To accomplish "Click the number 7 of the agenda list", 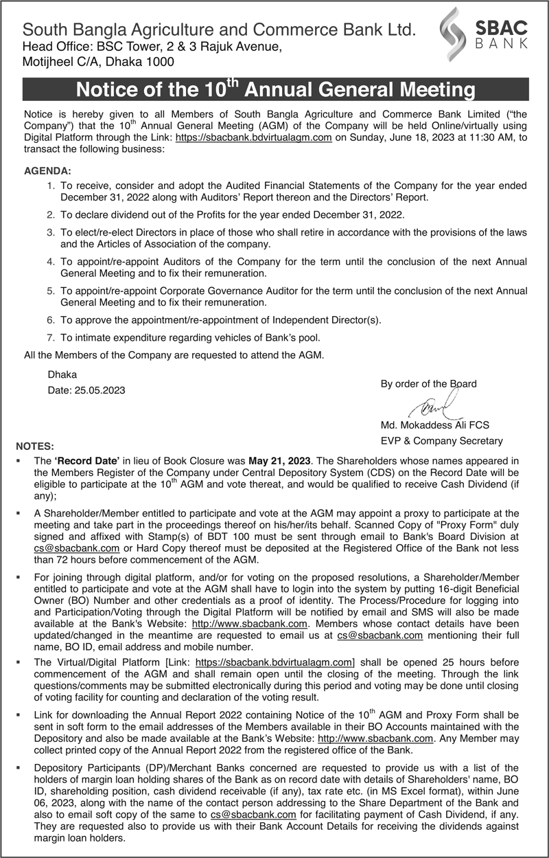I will point(50,337).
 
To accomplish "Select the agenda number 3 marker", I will point(50,233).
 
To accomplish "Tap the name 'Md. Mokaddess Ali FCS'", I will point(435,425).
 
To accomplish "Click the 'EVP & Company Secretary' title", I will point(442,441).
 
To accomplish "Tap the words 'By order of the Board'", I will point(428,384).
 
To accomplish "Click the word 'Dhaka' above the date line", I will point(62,374).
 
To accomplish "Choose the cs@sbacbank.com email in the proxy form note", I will point(77,548).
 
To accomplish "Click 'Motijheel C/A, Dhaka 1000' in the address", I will point(99,61).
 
